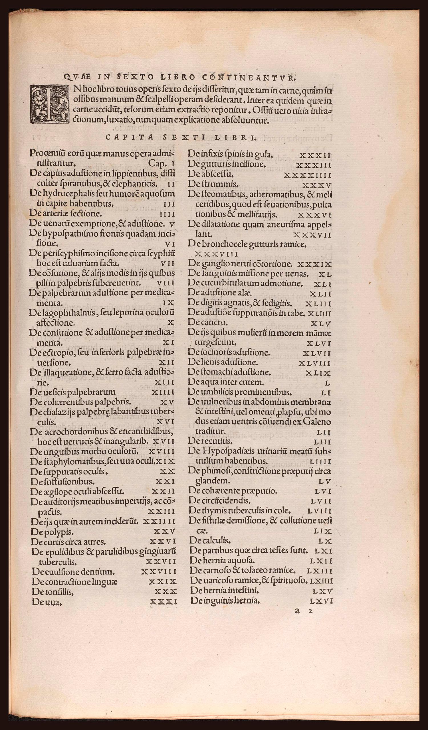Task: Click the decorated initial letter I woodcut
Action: point(49,105)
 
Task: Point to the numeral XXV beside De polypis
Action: point(164,531)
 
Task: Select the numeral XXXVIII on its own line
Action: point(217,254)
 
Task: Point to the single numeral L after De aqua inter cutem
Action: point(328,383)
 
